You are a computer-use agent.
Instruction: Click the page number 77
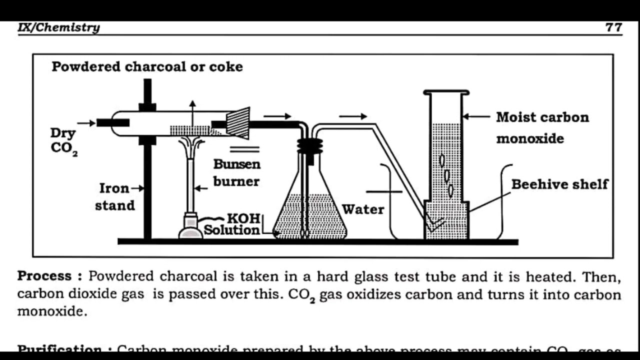point(613,27)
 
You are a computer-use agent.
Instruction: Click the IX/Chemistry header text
point(58,27)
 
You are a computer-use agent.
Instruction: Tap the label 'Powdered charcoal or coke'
point(147,67)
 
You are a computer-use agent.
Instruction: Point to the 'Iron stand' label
point(115,196)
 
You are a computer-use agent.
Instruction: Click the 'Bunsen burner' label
point(236,172)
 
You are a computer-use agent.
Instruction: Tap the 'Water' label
point(363,209)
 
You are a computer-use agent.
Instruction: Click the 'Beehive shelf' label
point(559,184)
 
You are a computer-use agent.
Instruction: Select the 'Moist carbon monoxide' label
point(542,127)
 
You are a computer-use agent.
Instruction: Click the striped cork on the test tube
point(238,123)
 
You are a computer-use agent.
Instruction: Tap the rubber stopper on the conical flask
point(310,145)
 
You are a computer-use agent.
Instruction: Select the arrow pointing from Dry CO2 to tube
point(86,123)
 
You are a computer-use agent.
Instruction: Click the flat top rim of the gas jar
point(446,92)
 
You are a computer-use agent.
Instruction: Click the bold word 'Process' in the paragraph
point(45,276)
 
